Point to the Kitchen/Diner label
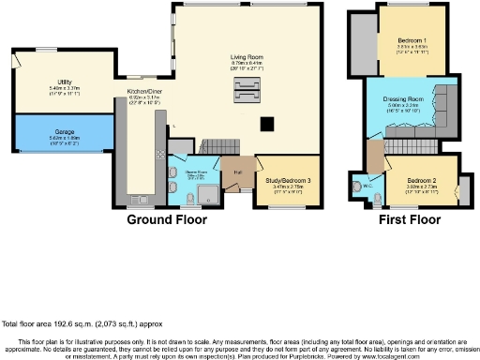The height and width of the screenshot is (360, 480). tap(145, 91)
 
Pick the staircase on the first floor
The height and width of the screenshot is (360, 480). tap(411, 145)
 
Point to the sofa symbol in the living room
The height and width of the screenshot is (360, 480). tap(245, 96)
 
